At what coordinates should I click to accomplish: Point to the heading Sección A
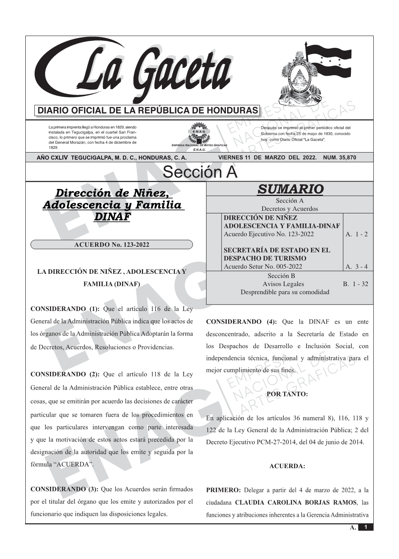pos(200,172)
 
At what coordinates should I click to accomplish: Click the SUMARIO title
pos(290,189)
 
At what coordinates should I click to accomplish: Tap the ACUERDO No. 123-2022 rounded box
pos(111,245)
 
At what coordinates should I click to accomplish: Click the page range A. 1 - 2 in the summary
pos(356,234)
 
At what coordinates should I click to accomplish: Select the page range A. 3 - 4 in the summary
pos(356,266)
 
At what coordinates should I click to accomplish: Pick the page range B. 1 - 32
pos(356,284)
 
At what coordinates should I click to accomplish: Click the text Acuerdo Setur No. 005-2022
pos(263,266)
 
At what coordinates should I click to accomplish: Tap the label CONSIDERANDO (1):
pos(65,309)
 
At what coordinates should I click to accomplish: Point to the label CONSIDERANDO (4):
pos(241,322)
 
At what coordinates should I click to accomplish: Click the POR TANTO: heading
pos(287,394)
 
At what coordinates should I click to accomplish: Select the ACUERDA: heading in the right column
pos(287,466)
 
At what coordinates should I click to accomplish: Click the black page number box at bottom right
pos(366,527)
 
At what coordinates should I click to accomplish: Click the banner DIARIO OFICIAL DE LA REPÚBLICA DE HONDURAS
pos(148,111)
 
